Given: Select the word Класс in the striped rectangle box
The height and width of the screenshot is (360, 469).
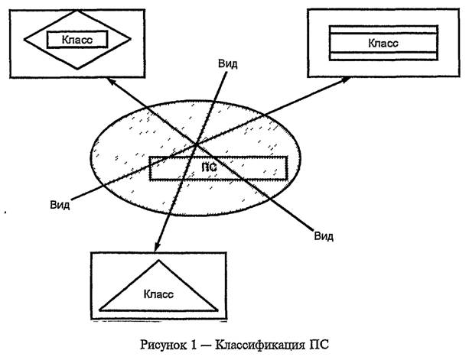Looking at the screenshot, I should [383, 42].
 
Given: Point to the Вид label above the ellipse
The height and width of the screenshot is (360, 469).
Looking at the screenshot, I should [227, 64].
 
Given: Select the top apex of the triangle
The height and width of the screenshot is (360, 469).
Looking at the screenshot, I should [159, 261].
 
